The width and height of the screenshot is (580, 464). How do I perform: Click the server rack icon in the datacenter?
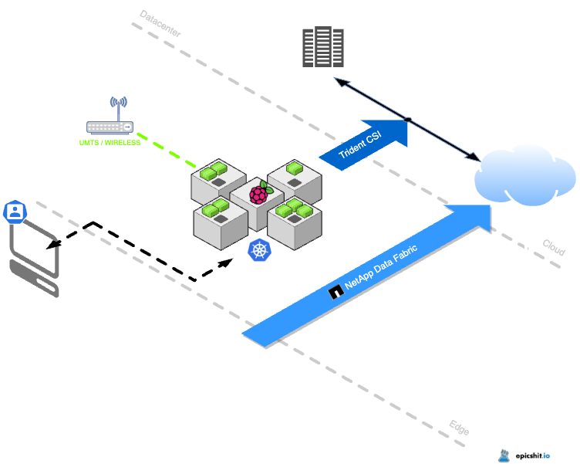pyautogui.click(x=322, y=46)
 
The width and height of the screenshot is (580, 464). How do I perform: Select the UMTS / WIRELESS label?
pyautogui.click(x=110, y=142)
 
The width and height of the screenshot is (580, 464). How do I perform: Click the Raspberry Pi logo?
pyautogui.click(x=258, y=193)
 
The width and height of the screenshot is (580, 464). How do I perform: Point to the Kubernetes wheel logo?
pyautogui.click(x=259, y=250)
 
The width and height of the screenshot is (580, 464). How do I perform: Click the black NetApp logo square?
pyautogui.click(x=336, y=292)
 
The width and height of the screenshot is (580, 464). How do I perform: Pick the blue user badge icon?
pyautogui.click(x=13, y=212)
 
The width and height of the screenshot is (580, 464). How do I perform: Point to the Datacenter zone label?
pyautogui.click(x=160, y=24)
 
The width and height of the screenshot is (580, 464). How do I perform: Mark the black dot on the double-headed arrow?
pyautogui.click(x=409, y=120)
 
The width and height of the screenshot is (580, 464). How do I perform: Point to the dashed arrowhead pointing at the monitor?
pyautogui.click(x=52, y=246)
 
